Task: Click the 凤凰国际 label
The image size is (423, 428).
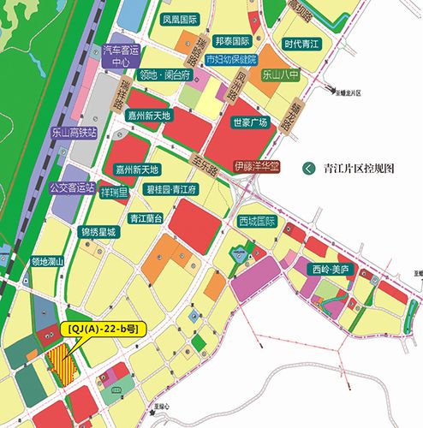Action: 180,18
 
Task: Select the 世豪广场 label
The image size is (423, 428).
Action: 249,122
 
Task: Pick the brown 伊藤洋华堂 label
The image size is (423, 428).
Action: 257,166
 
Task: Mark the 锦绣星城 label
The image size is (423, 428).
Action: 98,231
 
